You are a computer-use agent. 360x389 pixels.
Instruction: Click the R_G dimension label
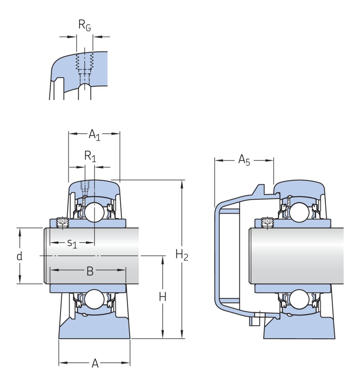(x=84, y=25)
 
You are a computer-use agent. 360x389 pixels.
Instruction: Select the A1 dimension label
(x=94, y=134)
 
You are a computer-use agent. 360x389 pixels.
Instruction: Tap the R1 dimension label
(x=90, y=156)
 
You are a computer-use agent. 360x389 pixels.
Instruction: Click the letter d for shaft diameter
(x=19, y=256)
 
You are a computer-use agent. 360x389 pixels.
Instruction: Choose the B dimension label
(x=90, y=271)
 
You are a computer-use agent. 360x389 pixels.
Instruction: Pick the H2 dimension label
(x=182, y=255)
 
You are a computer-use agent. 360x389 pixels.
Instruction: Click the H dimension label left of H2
(x=162, y=297)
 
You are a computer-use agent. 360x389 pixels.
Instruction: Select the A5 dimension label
(x=244, y=160)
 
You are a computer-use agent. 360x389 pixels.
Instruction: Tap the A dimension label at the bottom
(x=95, y=363)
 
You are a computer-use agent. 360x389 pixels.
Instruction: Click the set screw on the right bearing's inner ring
(x=268, y=221)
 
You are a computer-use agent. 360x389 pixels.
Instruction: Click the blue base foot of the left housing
(x=94, y=330)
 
